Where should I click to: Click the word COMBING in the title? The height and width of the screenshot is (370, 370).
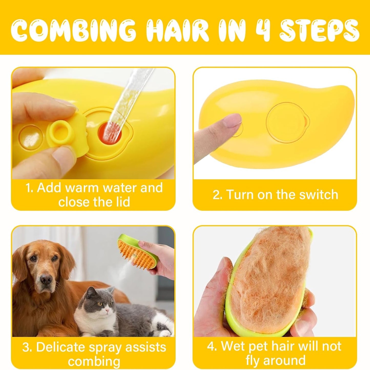click(73, 31)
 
